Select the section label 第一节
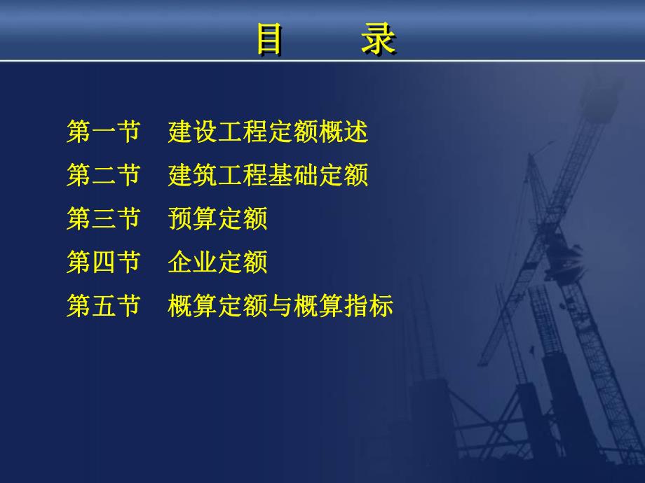tap(104, 132)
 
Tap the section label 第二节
tap(104, 176)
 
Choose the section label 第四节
tap(104, 262)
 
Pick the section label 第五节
tap(104, 306)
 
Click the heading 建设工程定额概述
tap(269, 132)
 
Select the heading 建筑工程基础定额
tap(269, 176)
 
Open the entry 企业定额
tap(218, 262)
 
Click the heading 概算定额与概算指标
tap(280, 306)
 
